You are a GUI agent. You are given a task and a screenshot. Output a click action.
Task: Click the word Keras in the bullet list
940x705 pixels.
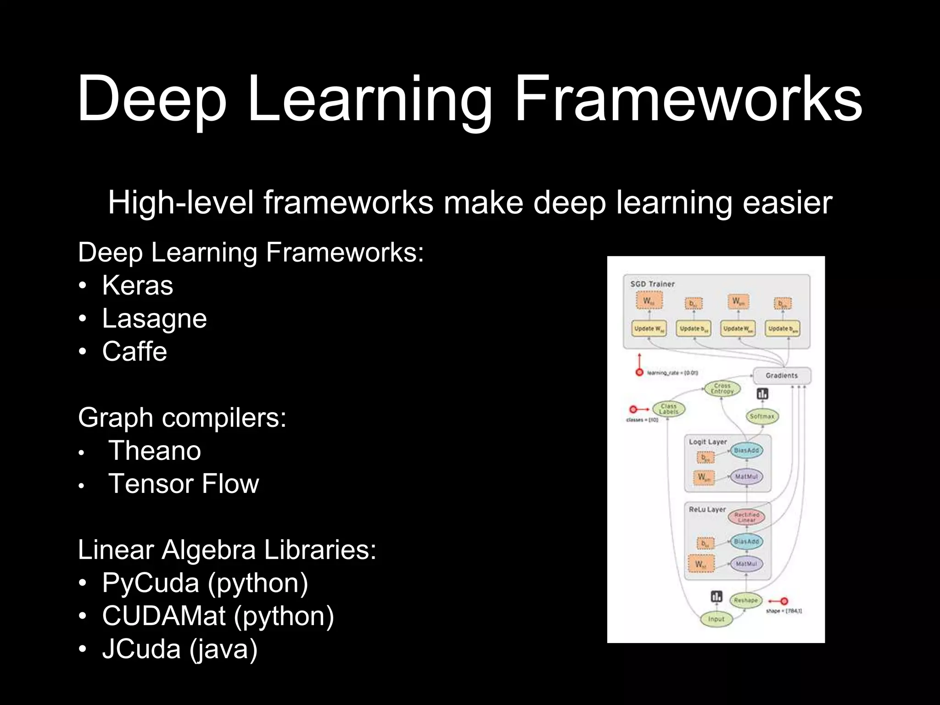[x=137, y=285]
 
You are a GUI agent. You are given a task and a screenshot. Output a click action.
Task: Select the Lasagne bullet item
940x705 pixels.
[x=154, y=319]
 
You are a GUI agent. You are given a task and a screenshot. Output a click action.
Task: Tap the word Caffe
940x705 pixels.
[x=134, y=352]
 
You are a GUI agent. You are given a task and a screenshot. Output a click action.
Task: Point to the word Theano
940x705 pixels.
[x=155, y=451]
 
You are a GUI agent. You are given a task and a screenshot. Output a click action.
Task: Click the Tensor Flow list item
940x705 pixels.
[x=184, y=484]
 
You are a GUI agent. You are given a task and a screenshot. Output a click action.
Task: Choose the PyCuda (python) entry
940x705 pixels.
[x=205, y=583]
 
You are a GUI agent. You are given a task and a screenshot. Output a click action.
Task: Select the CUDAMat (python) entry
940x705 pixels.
[x=218, y=616]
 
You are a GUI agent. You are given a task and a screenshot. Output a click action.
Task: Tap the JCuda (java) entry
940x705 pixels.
[x=179, y=649]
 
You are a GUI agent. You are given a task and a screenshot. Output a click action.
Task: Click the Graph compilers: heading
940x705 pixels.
[x=182, y=418]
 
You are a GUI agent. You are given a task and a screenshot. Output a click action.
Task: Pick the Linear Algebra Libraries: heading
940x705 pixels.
[x=227, y=550]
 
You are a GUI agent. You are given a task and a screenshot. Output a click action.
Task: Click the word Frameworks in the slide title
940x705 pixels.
[x=688, y=99]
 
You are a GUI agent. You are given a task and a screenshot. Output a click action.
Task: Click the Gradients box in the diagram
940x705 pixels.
[x=782, y=375]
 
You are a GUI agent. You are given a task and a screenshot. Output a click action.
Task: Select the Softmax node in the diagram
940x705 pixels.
[x=762, y=416]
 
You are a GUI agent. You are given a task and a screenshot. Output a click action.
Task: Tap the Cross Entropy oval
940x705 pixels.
[x=722, y=389]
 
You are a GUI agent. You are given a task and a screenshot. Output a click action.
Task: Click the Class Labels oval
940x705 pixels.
[x=668, y=409]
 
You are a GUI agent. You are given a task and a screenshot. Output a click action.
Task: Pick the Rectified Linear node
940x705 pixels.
[x=746, y=517]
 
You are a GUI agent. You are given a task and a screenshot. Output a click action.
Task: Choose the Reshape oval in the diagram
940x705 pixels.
[x=745, y=600]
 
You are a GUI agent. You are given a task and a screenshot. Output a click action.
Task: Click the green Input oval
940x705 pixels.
[x=716, y=619]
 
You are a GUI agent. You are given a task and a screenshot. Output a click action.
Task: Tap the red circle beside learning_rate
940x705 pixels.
[x=639, y=372]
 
